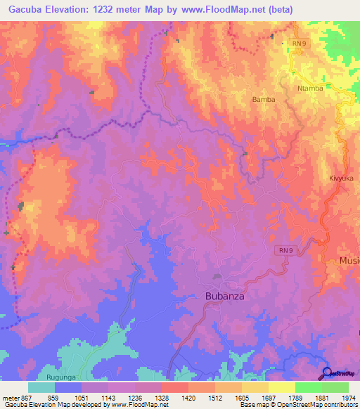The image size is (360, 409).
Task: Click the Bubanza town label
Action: (x=224, y=297)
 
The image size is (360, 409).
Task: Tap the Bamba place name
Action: (x=264, y=100)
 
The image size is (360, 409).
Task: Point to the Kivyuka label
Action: (x=340, y=178)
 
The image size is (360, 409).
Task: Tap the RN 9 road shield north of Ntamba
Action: (x=300, y=44)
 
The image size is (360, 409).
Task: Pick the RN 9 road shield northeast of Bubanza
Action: (x=283, y=251)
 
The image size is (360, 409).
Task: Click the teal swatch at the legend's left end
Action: (x=41, y=387)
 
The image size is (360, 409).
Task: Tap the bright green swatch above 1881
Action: (x=308, y=387)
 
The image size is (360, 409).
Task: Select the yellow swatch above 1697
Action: (x=281, y=387)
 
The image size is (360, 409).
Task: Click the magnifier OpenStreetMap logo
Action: (x=327, y=372)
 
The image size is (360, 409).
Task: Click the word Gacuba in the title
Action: (x=22, y=10)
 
